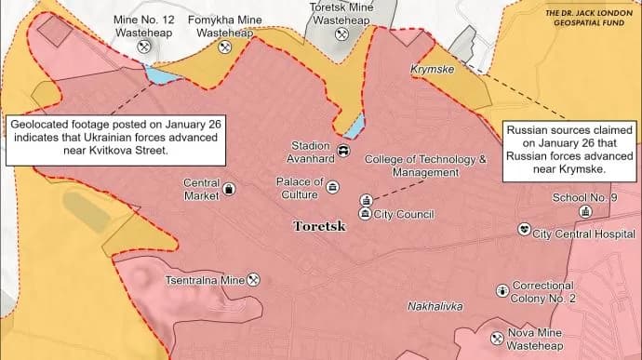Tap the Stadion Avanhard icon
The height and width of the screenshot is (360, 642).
(x=344, y=151)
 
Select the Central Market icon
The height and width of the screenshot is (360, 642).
(x=229, y=190)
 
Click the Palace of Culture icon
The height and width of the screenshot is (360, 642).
(x=333, y=187)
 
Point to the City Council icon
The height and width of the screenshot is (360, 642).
(x=365, y=214)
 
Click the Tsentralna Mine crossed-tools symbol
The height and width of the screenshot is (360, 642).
(x=253, y=279)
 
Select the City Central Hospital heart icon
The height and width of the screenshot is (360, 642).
(x=524, y=229)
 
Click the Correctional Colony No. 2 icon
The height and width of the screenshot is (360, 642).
(x=502, y=291)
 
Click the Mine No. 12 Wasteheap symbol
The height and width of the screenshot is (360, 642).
(x=144, y=46)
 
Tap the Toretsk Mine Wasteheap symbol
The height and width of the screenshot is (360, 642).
(x=341, y=33)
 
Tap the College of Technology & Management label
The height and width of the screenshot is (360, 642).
(x=425, y=166)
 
